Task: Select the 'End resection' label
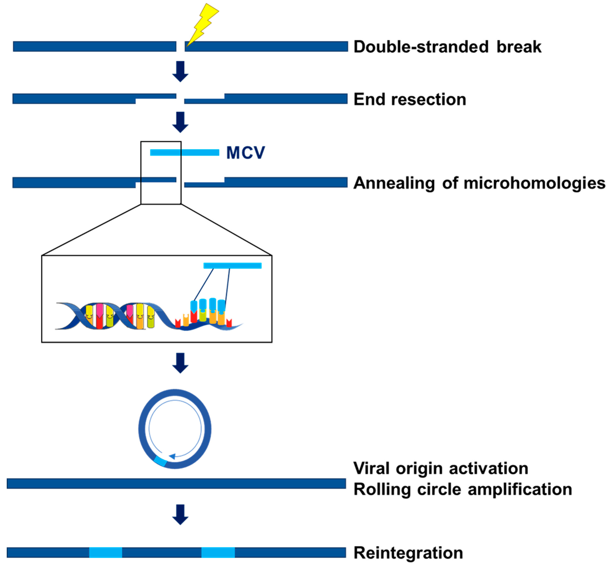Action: click(x=410, y=99)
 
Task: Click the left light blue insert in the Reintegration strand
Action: click(x=105, y=552)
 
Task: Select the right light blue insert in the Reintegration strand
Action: click(x=218, y=552)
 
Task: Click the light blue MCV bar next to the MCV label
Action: click(x=184, y=152)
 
